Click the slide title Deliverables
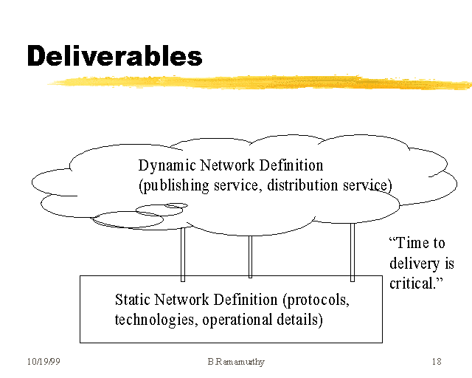pyautogui.click(x=114, y=56)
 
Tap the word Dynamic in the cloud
pyautogui.click(x=163, y=165)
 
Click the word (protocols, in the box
pyautogui.click(x=316, y=300)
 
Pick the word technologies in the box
pyautogui.click(x=155, y=320)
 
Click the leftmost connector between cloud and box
pyautogui.click(x=183, y=254)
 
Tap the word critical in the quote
pyautogui.click(x=410, y=283)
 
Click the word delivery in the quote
pyautogui.click(x=412, y=264)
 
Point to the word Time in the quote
pyautogui.click(x=416, y=244)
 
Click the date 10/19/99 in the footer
pyautogui.click(x=42, y=362)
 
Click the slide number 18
pyautogui.click(x=436, y=362)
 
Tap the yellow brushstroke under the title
pyautogui.click(x=258, y=81)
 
